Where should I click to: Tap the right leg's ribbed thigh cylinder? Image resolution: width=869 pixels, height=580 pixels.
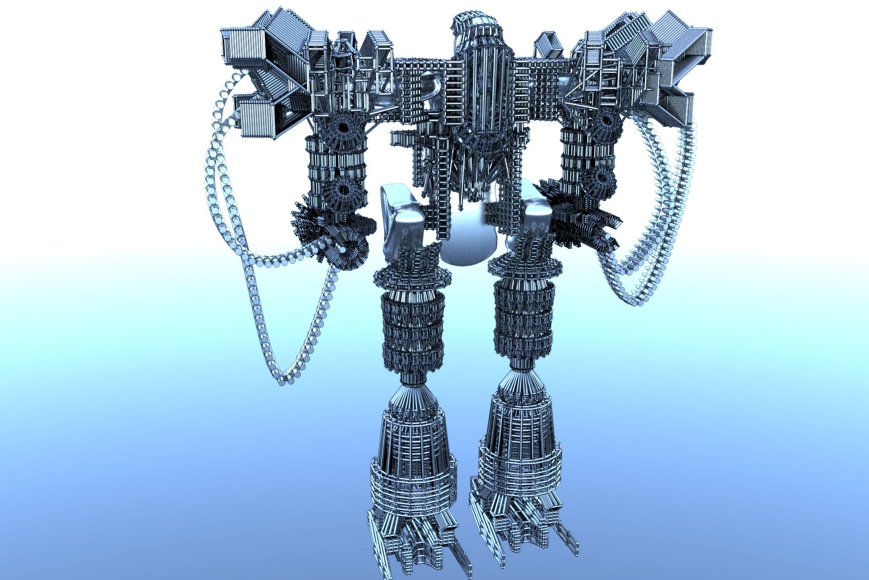point(524,320)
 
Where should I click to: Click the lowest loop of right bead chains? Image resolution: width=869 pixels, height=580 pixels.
point(633,298)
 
